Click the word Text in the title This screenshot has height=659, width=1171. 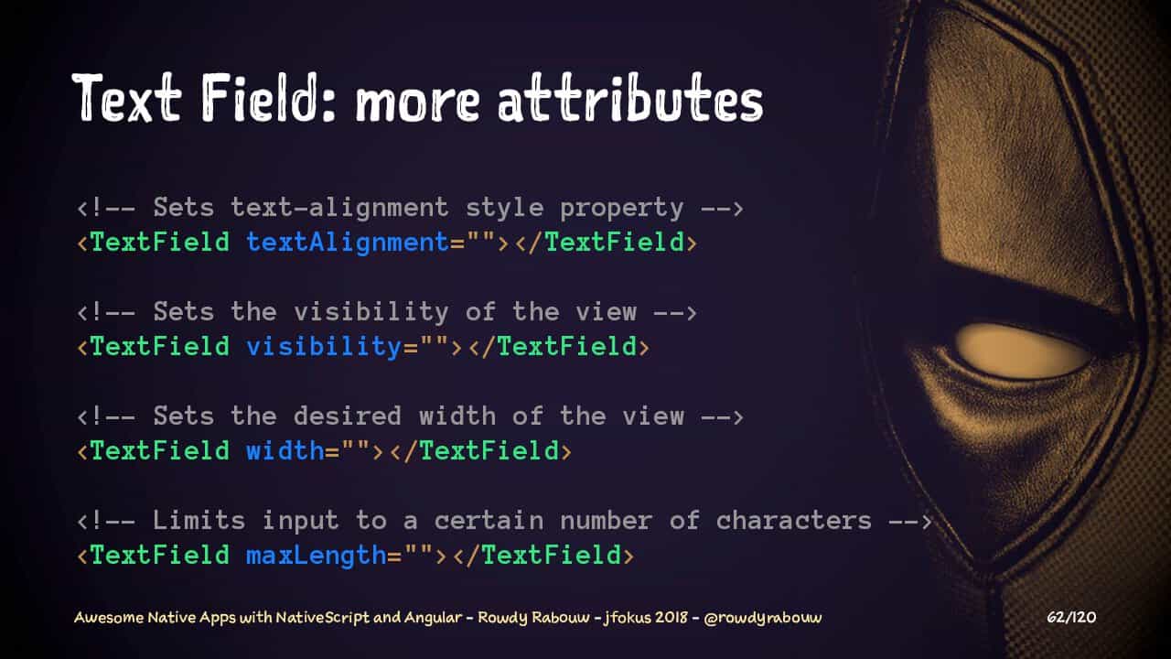point(126,98)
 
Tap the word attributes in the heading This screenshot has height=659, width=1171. point(631,98)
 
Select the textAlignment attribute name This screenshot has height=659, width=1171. point(348,243)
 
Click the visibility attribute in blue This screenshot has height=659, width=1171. point(324,347)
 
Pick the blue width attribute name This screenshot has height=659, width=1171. point(285,451)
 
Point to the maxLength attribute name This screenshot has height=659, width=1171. point(317,556)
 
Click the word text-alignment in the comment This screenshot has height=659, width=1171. point(339,208)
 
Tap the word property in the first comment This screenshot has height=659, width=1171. point(621,209)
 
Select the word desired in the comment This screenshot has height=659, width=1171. point(348,416)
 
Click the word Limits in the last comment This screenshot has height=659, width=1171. point(199,520)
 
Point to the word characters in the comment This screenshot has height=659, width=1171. point(793,521)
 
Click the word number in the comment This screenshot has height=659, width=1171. point(607,521)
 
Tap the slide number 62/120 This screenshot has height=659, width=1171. point(1071,617)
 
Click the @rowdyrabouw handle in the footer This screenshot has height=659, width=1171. point(763,618)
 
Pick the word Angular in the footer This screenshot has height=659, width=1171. point(433,618)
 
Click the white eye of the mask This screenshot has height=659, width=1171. point(1022,351)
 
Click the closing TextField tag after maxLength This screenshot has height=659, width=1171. point(543,556)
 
